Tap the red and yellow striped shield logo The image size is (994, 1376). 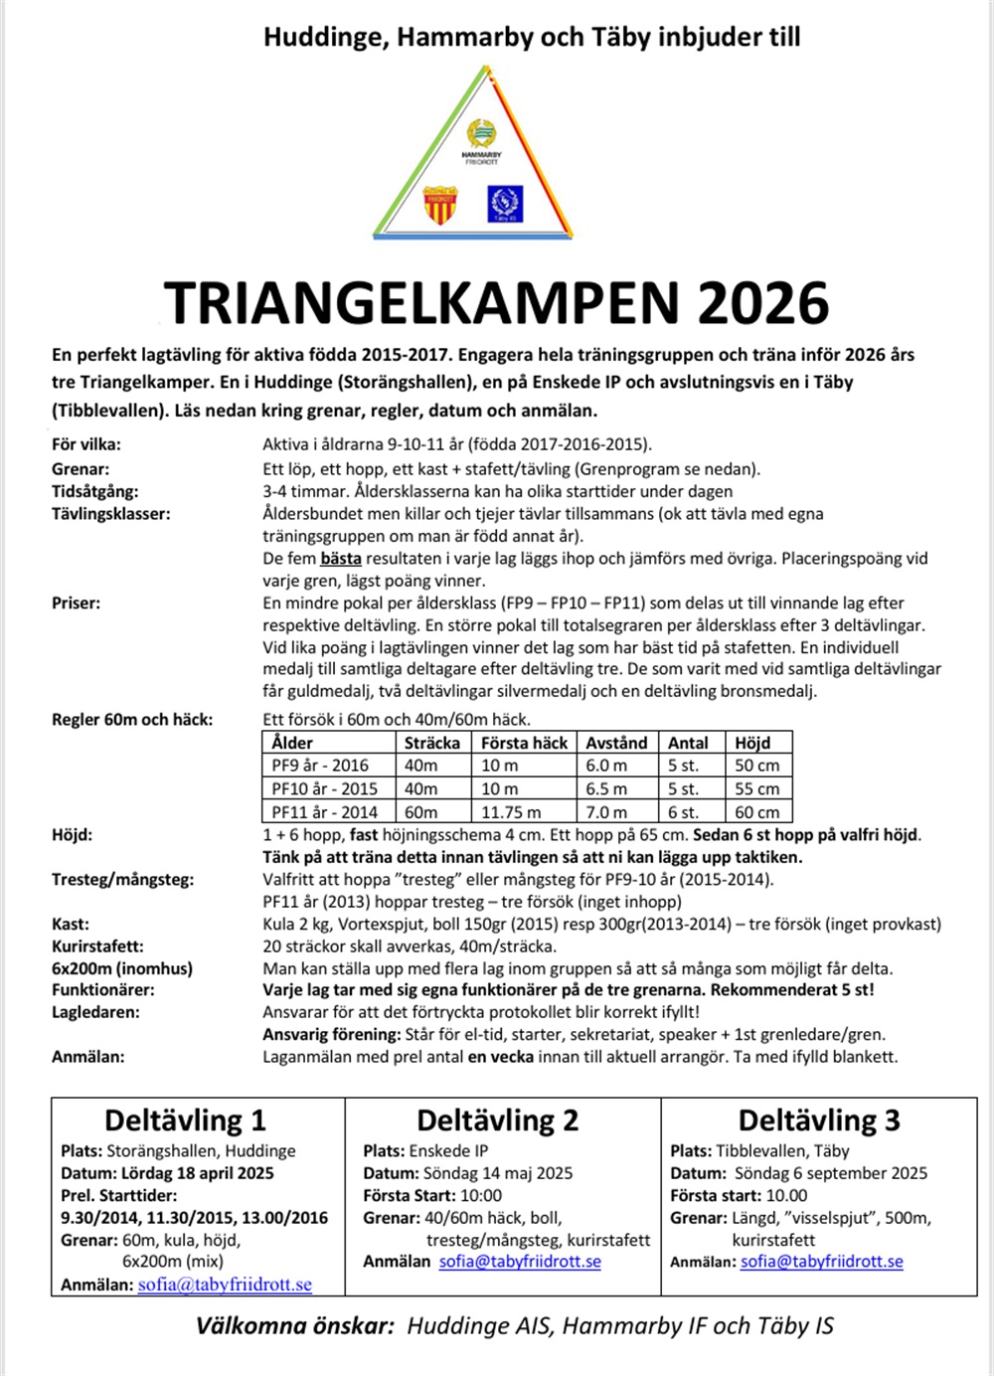tap(439, 204)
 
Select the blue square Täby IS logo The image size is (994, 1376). tap(505, 204)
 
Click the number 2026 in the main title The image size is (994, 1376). tap(762, 303)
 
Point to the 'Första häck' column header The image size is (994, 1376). tap(524, 743)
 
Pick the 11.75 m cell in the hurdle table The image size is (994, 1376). tap(511, 811)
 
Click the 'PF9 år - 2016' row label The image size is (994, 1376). tap(320, 766)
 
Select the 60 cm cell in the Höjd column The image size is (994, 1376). tap(757, 811)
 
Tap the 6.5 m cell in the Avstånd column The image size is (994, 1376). tap(606, 788)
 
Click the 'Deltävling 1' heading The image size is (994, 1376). tap(185, 1120)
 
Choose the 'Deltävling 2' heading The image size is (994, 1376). tap(497, 1120)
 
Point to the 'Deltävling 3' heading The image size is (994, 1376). tap(819, 1120)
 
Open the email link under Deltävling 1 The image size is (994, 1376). tap(225, 1285)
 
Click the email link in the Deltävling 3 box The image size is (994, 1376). tap(822, 1262)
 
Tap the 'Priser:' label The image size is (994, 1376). tap(76, 602)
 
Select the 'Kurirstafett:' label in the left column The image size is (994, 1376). tap(97, 946)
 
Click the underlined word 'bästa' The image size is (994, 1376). tap(341, 559)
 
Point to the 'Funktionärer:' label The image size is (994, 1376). tap(102, 990)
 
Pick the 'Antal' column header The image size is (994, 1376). tap(688, 743)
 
